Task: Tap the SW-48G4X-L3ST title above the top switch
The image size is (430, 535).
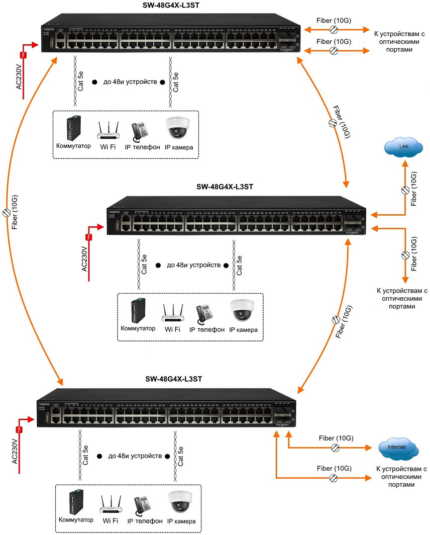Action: (170, 5)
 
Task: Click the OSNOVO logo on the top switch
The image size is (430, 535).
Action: (49, 29)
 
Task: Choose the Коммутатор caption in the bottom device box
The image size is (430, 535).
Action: (76, 520)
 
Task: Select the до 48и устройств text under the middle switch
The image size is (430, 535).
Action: (193, 265)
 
